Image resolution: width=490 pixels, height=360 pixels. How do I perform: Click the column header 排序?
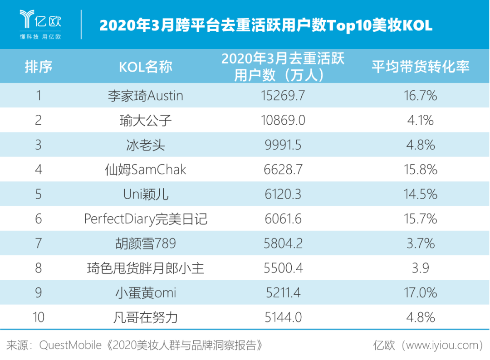[39, 67]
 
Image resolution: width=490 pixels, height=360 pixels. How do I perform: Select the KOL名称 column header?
[145, 67]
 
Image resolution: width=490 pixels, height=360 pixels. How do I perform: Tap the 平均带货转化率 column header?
[420, 67]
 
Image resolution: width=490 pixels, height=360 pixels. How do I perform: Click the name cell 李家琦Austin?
[145, 96]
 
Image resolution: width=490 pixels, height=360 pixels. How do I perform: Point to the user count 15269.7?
[283, 96]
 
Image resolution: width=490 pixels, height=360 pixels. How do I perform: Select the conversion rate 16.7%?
[420, 96]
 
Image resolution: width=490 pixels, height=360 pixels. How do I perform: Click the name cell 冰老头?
[145, 145]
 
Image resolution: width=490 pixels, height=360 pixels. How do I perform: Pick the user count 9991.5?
[283, 145]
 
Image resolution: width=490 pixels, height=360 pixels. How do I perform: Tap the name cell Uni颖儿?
[145, 195]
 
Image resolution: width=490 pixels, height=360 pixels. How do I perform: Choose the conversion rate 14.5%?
[420, 195]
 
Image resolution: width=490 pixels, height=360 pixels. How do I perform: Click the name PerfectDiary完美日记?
[145, 219]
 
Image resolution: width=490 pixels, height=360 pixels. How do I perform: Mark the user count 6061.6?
[283, 219]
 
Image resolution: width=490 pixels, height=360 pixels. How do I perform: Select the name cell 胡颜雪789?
[145, 243]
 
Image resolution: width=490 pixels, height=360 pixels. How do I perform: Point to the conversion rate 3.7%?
[420, 243]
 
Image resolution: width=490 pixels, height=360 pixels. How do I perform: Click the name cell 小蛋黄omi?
[145, 293]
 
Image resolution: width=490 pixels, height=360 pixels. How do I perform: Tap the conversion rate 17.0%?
[420, 293]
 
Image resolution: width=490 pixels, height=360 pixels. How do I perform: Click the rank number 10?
[39, 317]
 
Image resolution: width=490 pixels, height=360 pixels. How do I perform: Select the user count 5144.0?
[283, 317]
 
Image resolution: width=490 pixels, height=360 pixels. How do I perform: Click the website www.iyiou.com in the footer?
[442, 345]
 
